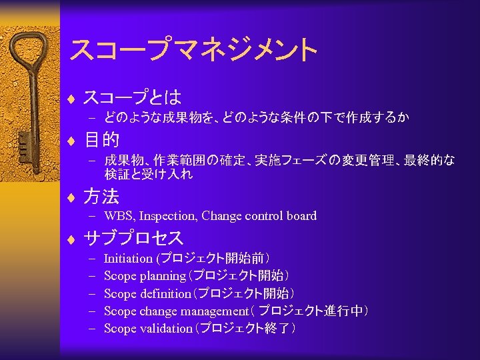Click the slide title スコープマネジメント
193,49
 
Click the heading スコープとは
132,98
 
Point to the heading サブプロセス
133,238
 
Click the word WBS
119,216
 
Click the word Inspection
167,216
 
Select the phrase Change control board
259,216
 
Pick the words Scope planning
145,276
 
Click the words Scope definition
147,293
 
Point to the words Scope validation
148,329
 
